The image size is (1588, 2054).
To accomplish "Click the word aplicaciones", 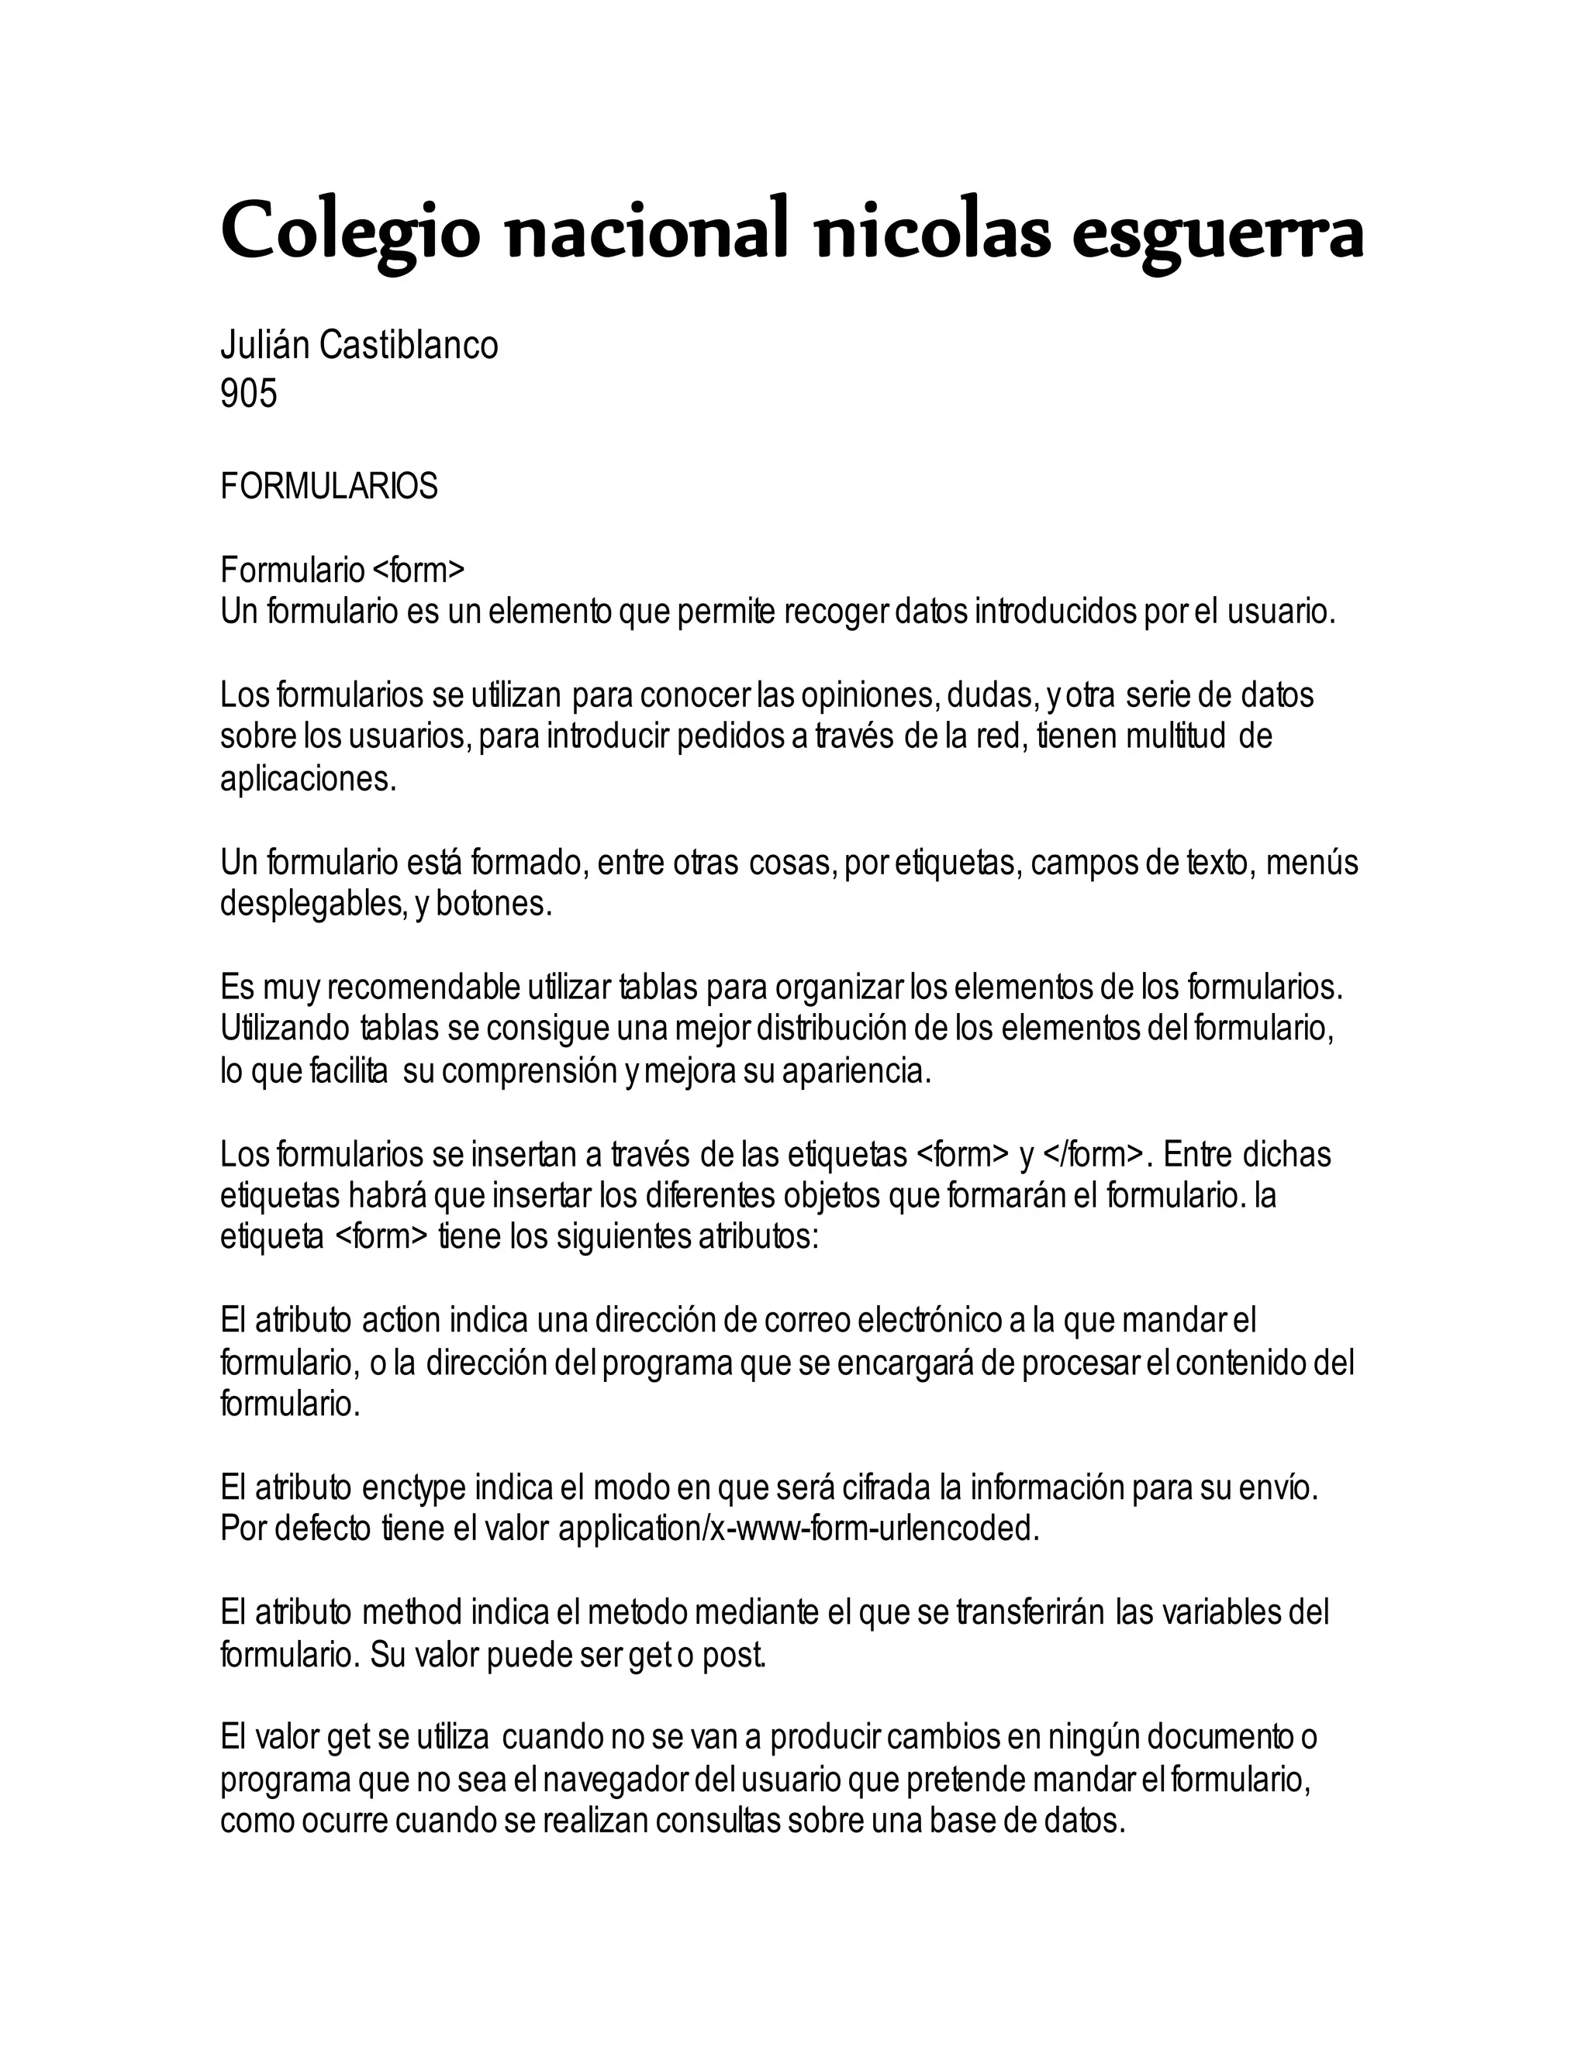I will [308, 779].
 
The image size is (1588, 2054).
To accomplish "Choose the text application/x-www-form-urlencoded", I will [799, 1529].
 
